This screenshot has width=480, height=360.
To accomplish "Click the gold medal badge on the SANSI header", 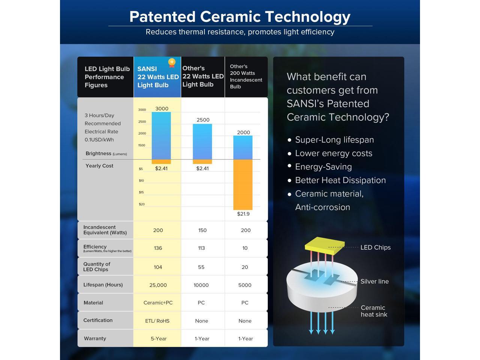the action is pyautogui.click(x=172, y=63).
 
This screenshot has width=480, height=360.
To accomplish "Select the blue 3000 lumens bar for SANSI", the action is pyautogui.click(x=161, y=136).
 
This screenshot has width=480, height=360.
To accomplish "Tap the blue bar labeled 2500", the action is pyautogui.click(x=202, y=142).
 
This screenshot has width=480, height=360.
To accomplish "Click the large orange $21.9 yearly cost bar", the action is pyautogui.click(x=243, y=185).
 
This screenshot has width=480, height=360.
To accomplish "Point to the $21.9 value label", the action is pyautogui.click(x=243, y=214).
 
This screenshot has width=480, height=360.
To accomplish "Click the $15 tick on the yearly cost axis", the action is pyautogui.click(x=141, y=192).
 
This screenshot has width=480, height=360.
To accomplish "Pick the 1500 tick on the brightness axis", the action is pyautogui.click(x=142, y=145).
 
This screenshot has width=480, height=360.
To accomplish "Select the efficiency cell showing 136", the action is pyautogui.click(x=158, y=248).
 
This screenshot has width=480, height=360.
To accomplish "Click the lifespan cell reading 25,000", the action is pyautogui.click(x=158, y=285).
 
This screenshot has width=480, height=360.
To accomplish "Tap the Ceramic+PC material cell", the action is pyautogui.click(x=158, y=303).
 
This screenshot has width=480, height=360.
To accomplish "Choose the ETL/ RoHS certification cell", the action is pyautogui.click(x=157, y=321).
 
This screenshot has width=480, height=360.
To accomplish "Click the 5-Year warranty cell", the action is pyautogui.click(x=159, y=339).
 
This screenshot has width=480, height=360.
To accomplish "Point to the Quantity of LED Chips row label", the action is pyautogui.click(x=96, y=267).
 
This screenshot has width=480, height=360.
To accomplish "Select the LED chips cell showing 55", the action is pyautogui.click(x=201, y=267).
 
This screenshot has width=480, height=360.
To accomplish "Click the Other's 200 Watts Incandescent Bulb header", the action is pyautogui.click(x=246, y=76).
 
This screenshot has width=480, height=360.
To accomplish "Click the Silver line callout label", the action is pyautogui.click(x=374, y=281).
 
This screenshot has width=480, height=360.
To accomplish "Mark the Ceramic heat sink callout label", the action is pyautogui.click(x=374, y=311).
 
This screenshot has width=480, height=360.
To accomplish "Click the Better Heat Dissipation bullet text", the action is pyautogui.click(x=340, y=180).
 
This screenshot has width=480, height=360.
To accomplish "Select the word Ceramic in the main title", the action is pyautogui.click(x=230, y=16).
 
